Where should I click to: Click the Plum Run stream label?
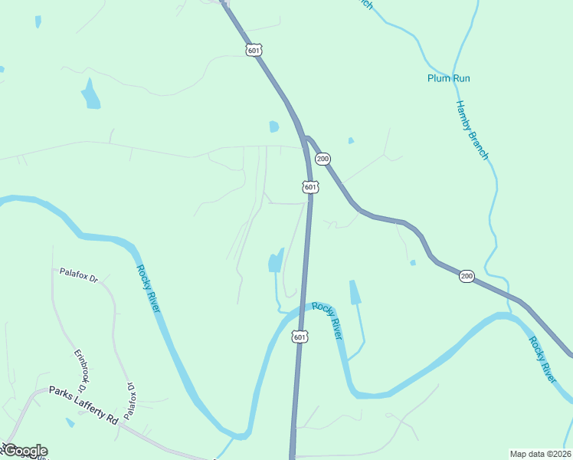pyautogui.click(x=448, y=78)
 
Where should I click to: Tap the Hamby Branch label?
pyautogui.click(x=472, y=130)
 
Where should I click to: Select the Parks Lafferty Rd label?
pyautogui.click(x=83, y=406)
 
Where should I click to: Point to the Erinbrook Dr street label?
pyautogui.click(x=80, y=368)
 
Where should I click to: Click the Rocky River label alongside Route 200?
pyautogui.click(x=542, y=359)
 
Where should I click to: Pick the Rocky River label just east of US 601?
pyautogui.click(x=326, y=321)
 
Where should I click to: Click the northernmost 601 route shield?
pyautogui.click(x=254, y=50)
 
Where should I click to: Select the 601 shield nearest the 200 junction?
pyautogui.click(x=309, y=187)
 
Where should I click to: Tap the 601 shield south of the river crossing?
pyautogui.click(x=300, y=337)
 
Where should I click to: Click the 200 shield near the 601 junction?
pyautogui.click(x=323, y=159)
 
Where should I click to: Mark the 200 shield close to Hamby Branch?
pyautogui.click(x=466, y=276)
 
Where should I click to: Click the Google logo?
pyautogui.click(x=25, y=451)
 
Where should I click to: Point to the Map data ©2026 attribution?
pyautogui.click(x=539, y=454)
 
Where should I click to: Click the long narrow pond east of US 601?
pyautogui.click(x=355, y=292)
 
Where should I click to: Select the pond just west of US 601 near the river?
pyautogui.click(x=275, y=261)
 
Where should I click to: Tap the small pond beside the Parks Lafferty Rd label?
pyautogui.click(x=70, y=422)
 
